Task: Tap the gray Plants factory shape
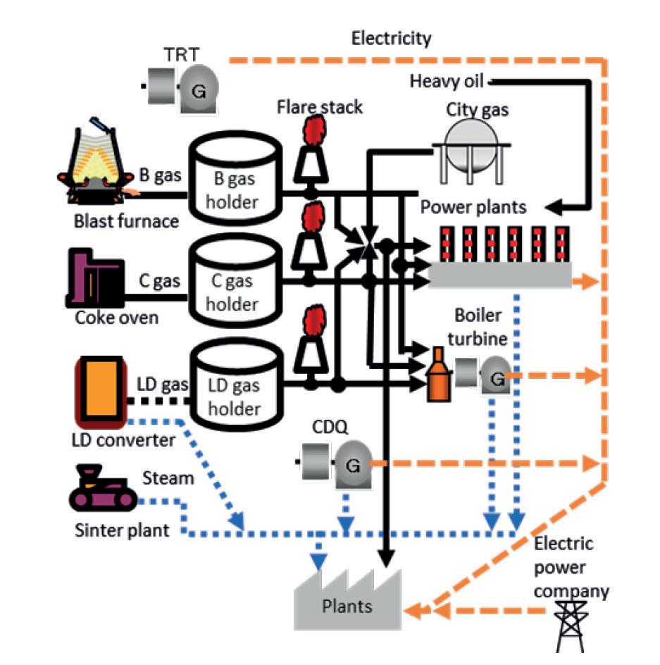pyautogui.click(x=349, y=596)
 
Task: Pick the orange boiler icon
pyautogui.click(x=438, y=377)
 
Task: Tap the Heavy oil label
pyautogui.click(x=447, y=82)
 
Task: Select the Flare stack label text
pyautogui.click(x=320, y=107)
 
